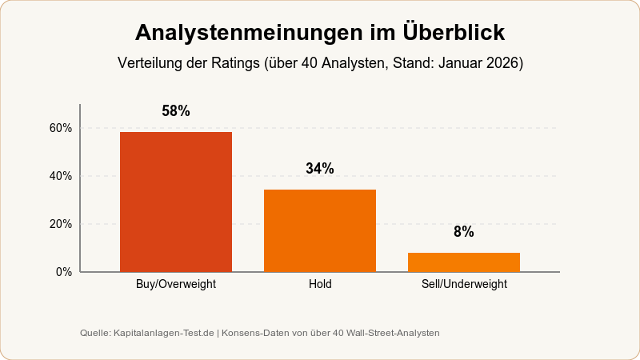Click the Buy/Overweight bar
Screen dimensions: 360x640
(x=176, y=202)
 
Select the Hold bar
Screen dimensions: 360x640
(x=320, y=230)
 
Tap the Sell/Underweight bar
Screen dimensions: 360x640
(x=464, y=262)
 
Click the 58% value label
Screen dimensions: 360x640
(x=176, y=112)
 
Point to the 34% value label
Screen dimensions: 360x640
(x=320, y=169)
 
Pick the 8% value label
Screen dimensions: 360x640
(x=464, y=232)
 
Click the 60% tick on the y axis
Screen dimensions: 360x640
(x=62, y=128)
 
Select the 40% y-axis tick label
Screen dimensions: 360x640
(x=62, y=176)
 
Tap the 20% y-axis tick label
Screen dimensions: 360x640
(x=62, y=224)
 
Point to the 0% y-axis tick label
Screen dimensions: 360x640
(x=65, y=272)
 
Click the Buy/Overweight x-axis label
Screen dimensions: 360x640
(x=176, y=284)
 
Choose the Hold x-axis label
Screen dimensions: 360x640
(x=320, y=284)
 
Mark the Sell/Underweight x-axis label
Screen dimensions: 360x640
(x=464, y=284)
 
